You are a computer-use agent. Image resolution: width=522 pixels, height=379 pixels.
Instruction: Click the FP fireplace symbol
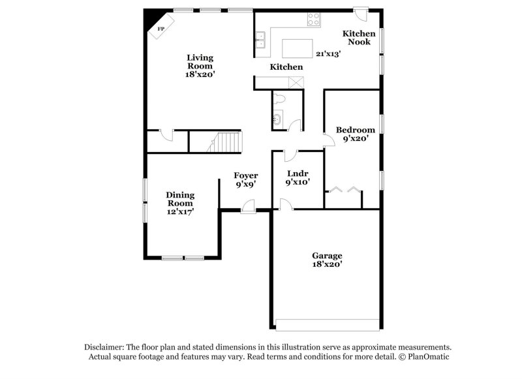pyautogui.click(x=159, y=29)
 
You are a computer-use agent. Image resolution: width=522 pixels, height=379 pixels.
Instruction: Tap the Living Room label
pyautogui.click(x=200, y=61)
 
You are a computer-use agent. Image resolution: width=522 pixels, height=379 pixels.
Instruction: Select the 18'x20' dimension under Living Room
pyautogui.click(x=200, y=74)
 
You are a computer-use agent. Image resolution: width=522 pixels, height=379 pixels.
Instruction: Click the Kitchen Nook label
pyautogui.click(x=359, y=37)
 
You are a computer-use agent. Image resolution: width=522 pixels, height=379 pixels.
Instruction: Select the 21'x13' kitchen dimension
pyautogui.click(x=329, y=54)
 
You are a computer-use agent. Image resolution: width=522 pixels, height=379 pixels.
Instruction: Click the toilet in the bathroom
pyautogui.click(x=280, y=99)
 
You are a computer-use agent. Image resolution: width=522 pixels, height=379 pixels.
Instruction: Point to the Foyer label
pyautogui.click(x=246, y=175)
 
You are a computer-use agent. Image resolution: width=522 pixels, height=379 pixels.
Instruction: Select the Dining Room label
pyautogui.click(x=179, y=198)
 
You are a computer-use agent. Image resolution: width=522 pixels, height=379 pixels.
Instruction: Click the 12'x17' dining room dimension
pyautogui.click(x=179, y=211)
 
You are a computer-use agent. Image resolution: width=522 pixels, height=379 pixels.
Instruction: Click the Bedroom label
pyautogui.click(x=355, y=130)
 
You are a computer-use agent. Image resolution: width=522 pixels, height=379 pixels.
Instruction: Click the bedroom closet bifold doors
pyautogui.click(x=344, y=190)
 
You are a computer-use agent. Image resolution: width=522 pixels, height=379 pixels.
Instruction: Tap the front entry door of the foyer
pyautogui.click(x=248, y=206)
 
